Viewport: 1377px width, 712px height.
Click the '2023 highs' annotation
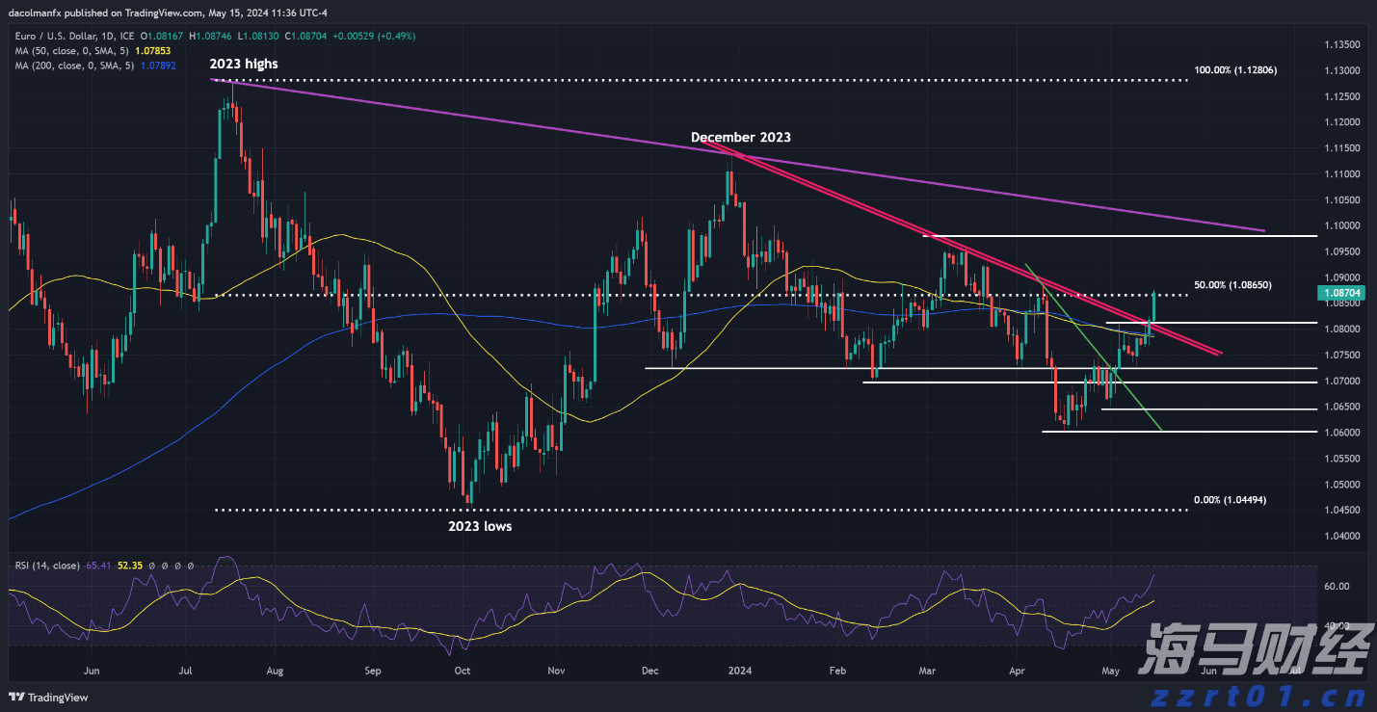click(x=244, y=65)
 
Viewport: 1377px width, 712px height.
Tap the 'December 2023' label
click(x=740, y=138)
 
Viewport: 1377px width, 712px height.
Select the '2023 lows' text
click(x=480, y=527)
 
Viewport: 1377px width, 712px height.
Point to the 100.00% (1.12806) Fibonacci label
click(x=1235, y=70)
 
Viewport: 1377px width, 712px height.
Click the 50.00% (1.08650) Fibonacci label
click(x=1232, y=285)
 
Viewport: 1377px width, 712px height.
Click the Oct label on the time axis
click(x=462, y=671)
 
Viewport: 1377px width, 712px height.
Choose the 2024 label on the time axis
click(x=739, y=671)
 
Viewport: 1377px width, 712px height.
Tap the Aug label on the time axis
click(x=275, y=671)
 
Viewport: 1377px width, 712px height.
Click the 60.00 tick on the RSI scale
click(x=1335, y=586)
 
